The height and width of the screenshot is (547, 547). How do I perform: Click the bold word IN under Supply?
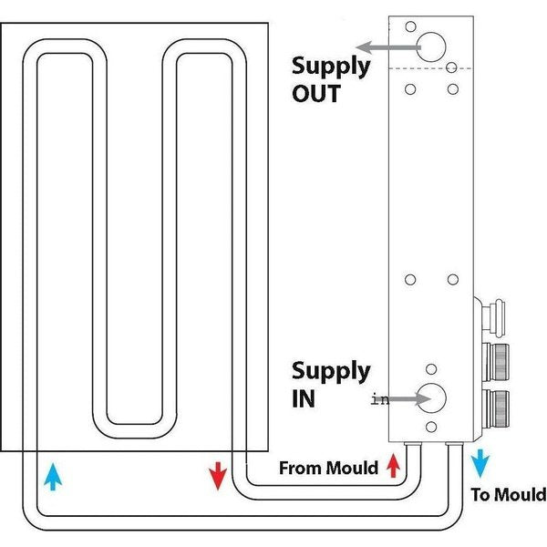[x=304, y=398]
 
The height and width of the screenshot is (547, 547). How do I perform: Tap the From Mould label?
[x=328, y=469]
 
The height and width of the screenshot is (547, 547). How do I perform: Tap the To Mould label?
[x=509, y=495]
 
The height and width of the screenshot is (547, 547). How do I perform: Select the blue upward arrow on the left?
[x=53, y=475]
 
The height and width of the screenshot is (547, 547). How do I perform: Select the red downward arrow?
[x=217, y=475]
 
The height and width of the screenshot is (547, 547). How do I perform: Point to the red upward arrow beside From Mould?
[x=393, y=467]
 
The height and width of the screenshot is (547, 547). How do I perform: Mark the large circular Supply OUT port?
[x=433, y=46]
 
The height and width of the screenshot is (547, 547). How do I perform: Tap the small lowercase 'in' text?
[x=379, y=399]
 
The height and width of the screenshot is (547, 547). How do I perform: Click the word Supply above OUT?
[x=331, y=66]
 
